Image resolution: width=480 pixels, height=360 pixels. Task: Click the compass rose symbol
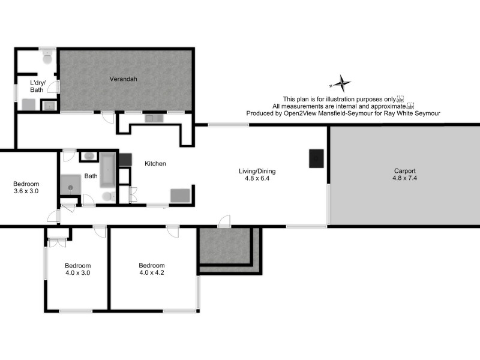341,83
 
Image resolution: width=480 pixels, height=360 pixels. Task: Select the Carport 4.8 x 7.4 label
404,174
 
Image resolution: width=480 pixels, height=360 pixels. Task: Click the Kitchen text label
155,163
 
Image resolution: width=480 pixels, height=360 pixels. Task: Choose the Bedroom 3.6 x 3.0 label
26,187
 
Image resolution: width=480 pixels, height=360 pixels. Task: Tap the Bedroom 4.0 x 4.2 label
151,269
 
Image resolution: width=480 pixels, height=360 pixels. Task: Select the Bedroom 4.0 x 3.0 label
78,269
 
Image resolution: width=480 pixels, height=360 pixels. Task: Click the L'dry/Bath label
38,86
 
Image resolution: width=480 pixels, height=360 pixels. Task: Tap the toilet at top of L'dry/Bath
47,58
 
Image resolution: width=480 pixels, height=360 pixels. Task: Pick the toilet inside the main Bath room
107,197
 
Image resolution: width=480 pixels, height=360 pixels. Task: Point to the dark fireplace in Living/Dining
316,158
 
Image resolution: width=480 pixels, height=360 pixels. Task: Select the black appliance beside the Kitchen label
125,160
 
